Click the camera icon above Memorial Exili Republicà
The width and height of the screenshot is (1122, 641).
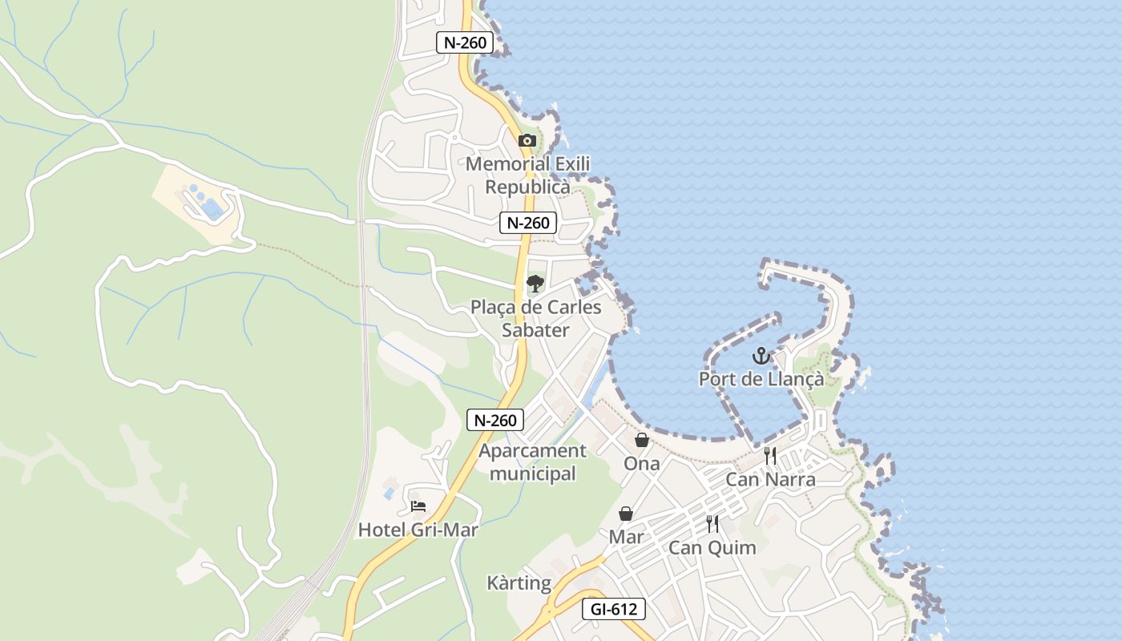click(x=527, y=141)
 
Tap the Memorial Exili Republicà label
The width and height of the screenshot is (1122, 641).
click(x=528, y=175)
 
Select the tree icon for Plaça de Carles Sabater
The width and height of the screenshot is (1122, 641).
click(x=535, y=283)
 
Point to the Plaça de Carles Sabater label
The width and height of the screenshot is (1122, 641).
click(x=535, y=319)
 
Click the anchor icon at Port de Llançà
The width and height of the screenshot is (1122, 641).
click(x=761, y=355)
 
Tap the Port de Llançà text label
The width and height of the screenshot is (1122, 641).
click(x=761, y=379)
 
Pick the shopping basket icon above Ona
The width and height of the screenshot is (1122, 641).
click(x=642, y=440)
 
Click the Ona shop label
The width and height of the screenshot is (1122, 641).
click(x=642, y=463)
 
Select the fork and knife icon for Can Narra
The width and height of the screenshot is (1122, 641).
click(x=770, y=456)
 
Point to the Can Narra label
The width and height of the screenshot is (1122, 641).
click(x=770, y=479)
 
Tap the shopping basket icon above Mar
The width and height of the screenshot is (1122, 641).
click(x=626, y=514)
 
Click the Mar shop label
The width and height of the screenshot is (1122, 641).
click(x=626, y=536)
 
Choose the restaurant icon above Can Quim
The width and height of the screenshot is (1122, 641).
click(x=712, y=524)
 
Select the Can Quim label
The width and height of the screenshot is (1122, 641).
click(x=712, y=548)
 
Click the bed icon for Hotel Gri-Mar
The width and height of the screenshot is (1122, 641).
click(x=418, y=506)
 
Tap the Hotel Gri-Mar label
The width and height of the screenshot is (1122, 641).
click(x=418, y=530)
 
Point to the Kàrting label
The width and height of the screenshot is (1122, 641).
click(x=519, y=583)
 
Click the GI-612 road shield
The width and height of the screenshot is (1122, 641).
click(x=613, y=609)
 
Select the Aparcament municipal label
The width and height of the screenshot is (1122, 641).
click(x=533, y=462)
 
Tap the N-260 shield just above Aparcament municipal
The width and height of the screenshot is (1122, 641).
click(x=495, y=420)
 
